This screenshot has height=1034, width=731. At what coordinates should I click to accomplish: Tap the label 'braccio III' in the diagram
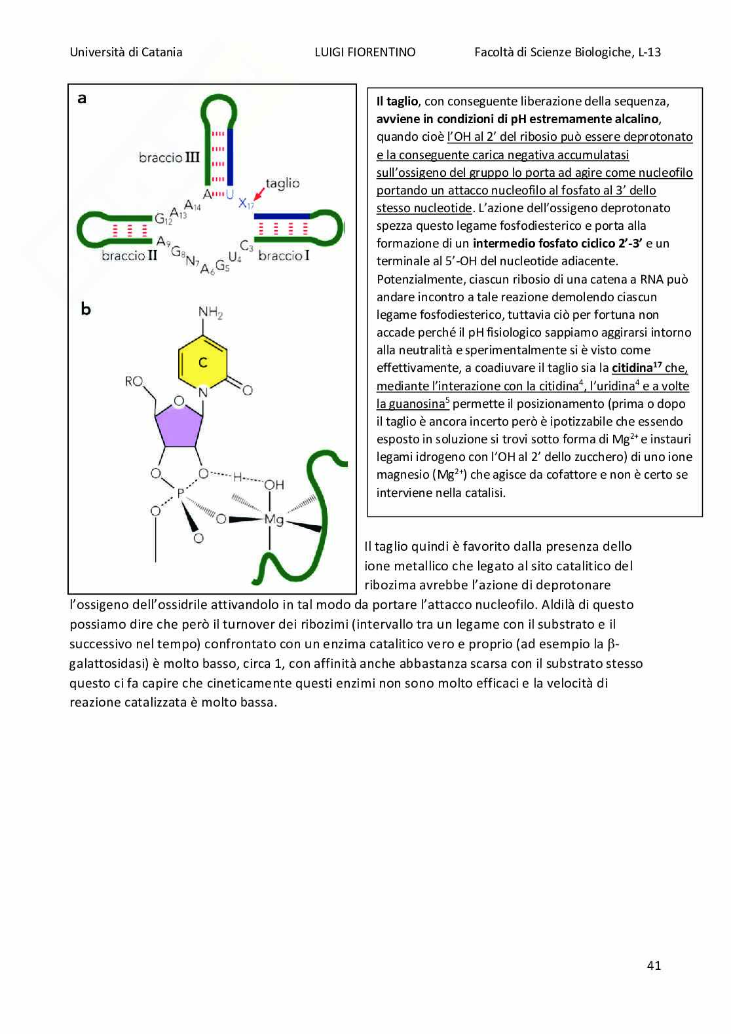coord(169,158)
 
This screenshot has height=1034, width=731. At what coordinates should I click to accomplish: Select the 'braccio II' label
coord(130,255)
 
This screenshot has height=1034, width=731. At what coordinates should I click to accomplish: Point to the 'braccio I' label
coord(284,255)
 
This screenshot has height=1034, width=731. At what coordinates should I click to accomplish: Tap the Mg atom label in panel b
coord(273,519)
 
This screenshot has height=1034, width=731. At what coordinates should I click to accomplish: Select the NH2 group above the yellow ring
coord(210,312)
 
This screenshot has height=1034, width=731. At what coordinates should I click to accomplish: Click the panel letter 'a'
coord(82,99)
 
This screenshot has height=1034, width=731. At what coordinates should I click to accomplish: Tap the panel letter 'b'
coord(86,309)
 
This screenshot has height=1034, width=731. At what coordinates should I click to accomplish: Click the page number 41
coord(653,965)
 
